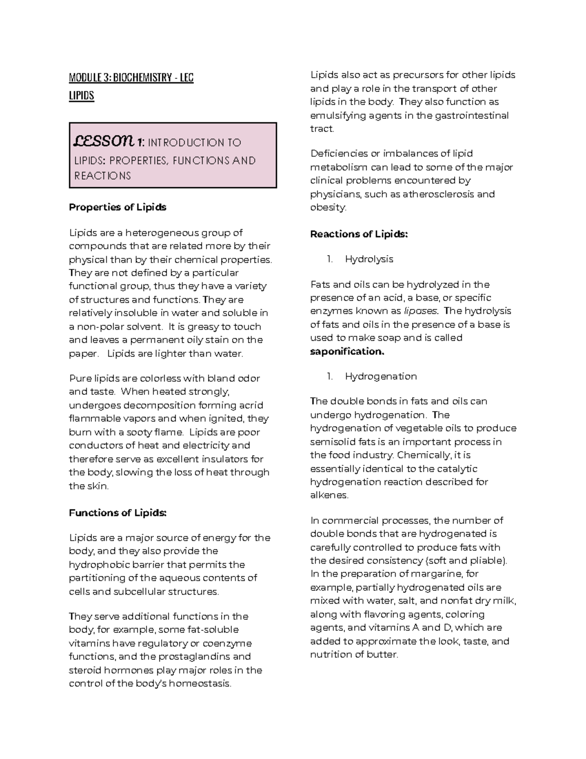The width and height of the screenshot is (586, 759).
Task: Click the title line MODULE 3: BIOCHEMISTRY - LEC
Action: point(131,78)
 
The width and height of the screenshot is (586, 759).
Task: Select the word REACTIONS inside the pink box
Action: point(103,176)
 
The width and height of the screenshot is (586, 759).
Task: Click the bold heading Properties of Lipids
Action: point(117,207)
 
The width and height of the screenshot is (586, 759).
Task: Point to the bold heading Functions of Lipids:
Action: point(118,513)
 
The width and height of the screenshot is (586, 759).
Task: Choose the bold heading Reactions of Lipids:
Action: point(358,234)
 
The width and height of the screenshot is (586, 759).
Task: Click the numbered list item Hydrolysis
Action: point(369,259)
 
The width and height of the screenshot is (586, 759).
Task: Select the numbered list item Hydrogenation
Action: point(380,376)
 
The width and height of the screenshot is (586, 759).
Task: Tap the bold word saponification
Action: point(347,351)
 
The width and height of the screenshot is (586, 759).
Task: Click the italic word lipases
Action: point(421,311)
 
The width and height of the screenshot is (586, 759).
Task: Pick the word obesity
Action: point(328,207)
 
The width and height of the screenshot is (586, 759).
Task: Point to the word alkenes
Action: point(329,495)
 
